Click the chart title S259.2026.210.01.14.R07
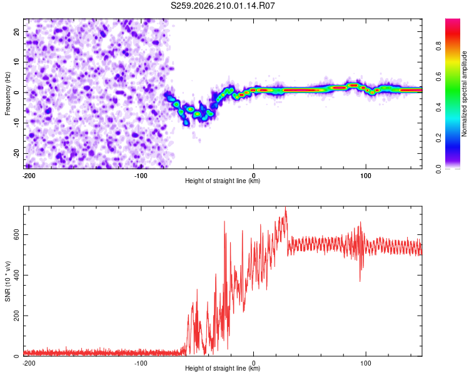click(x=223, y=6)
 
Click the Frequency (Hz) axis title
click(x=8, y=94)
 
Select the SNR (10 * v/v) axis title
click(x=8, y=281)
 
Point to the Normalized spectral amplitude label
click(x=464, y=94)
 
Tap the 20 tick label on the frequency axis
click(x=16, y=31)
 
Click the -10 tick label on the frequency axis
click(x=16, y=122)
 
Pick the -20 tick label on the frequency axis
click(x=16, y=153)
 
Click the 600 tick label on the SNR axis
click(x=16, y=235)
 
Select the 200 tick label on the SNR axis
click(x=16, y=316)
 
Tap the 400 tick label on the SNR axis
click(x=16, y=275)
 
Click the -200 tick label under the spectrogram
click(x=29, y=176)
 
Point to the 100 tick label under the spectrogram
click(x=366, y=176)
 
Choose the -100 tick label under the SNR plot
click(x=141, y=363)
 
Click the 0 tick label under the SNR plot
click(x=254, y=363)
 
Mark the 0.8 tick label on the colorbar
click(x=438, y=46)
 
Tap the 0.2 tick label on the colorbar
click(x=438, y=138)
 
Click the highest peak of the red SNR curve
click(x=285, y=207)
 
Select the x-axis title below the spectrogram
click(x=223, y=181)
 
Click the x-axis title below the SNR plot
click(x=223, y=368)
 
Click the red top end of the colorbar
click(x=453, y=20)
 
